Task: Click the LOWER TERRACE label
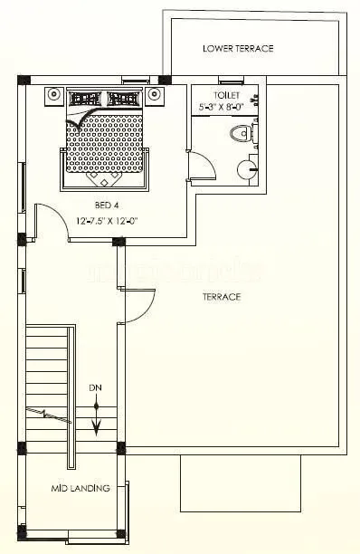coord(238,48)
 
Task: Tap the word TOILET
coord(226,94)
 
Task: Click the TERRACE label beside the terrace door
coord(221,297)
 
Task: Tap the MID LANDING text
coord(81,488)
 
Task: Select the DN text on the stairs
coord(95,387)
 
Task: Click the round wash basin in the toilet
coord(246,168)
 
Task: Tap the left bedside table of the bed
coord(53,93)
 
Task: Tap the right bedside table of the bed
coord(155,93)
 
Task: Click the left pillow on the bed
coord(87,98)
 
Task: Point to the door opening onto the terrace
coord(137,303)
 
